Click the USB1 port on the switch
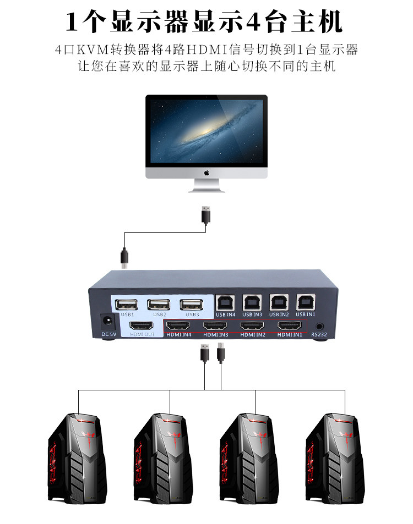click(x=128, y=304)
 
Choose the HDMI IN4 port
click(x=179, y=326)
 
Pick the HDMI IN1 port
click(x=291, y=326)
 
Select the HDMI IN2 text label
click(x=253, y=334)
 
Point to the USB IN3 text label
click(x=252, y=314)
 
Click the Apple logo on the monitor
click(x=206, y=173)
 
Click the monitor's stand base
click(x=206, y=188)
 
